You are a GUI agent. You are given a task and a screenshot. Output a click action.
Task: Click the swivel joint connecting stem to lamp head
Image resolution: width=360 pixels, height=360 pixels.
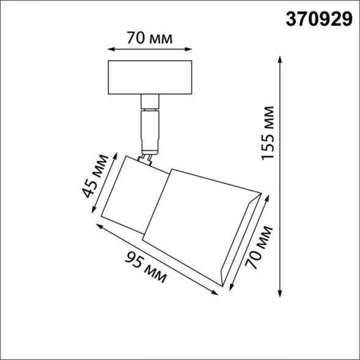click(147, 157)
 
